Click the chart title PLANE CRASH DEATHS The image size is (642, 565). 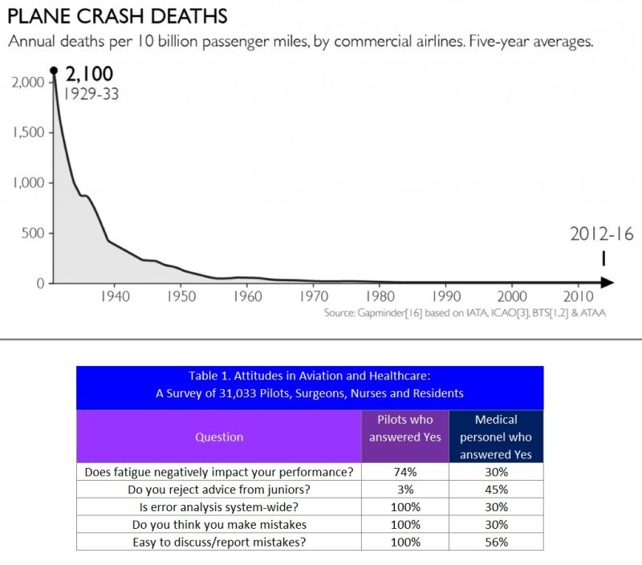coord(116,15)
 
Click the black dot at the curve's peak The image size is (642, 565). coord(54,71)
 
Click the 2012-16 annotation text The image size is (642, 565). coord(602,234)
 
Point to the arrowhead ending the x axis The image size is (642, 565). coord(609,282)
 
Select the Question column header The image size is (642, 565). coord(219,437)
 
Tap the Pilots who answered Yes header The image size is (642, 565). coord(404,428)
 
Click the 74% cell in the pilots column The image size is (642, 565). coord(404,472)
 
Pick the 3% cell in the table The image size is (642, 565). coord(404,490)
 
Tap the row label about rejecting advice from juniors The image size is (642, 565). coord(219,490)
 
